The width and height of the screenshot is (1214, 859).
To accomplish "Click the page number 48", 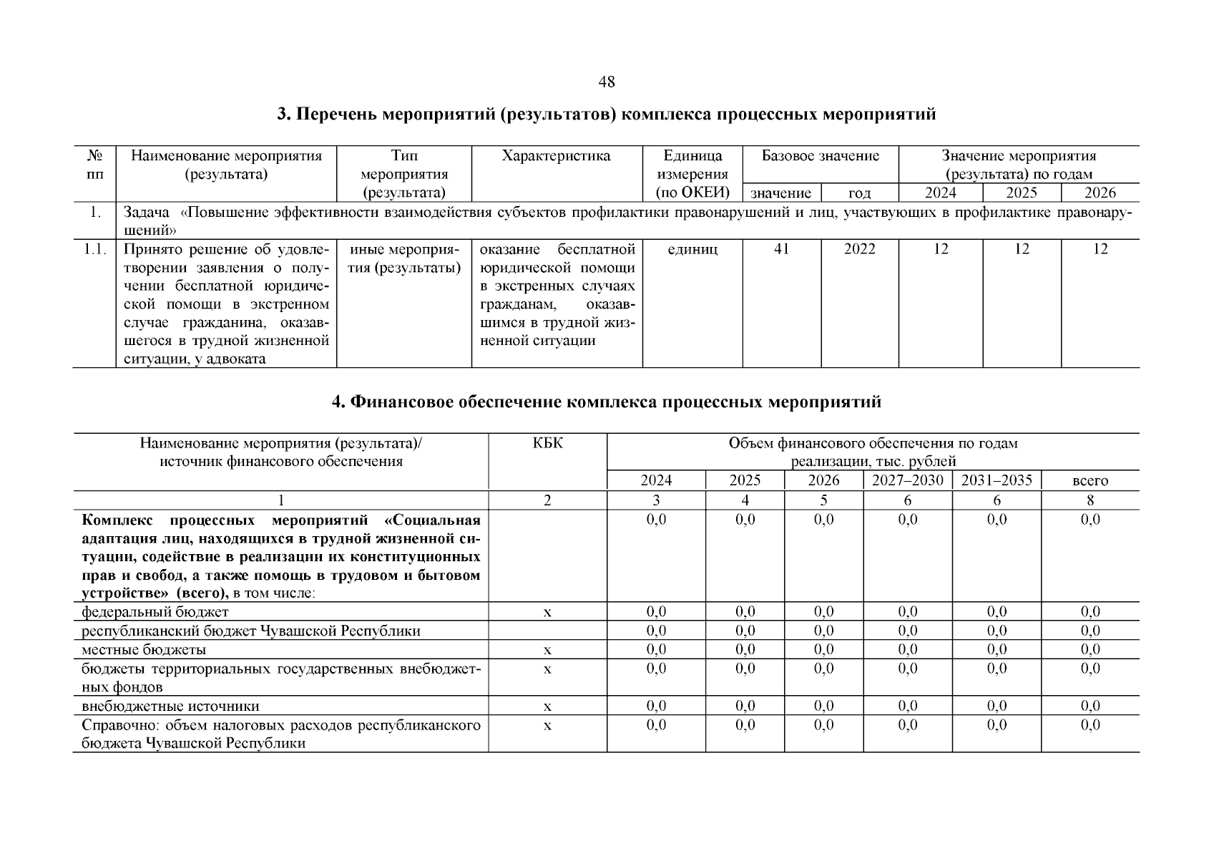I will click(606, 82).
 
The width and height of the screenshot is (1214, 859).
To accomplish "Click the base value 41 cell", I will click(781, 249).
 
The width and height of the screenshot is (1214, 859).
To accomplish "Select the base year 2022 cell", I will click(859, 249).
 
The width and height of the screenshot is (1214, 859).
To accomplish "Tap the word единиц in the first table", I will click(692, 249).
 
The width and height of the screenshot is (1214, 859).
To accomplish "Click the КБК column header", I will click(547, 443).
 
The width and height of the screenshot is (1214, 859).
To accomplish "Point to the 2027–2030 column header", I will click(907, 480).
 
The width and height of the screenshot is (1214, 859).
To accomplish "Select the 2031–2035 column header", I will click(996, 480).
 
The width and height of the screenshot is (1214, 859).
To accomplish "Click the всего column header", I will click(1090, 481).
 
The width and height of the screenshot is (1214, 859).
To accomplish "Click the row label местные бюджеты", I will click(144, 650).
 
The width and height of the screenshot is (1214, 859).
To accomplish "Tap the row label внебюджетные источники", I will click(170, 707).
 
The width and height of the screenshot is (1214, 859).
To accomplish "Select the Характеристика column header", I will click(556, 156).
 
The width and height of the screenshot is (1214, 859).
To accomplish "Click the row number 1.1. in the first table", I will click(94, 249).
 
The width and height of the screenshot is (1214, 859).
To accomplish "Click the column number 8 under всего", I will click(1090, 500).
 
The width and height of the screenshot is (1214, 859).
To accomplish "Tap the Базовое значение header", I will click(820, 156).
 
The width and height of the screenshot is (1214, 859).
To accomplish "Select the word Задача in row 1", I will click(146, 213).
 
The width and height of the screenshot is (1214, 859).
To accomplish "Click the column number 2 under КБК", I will click(547, 500).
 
